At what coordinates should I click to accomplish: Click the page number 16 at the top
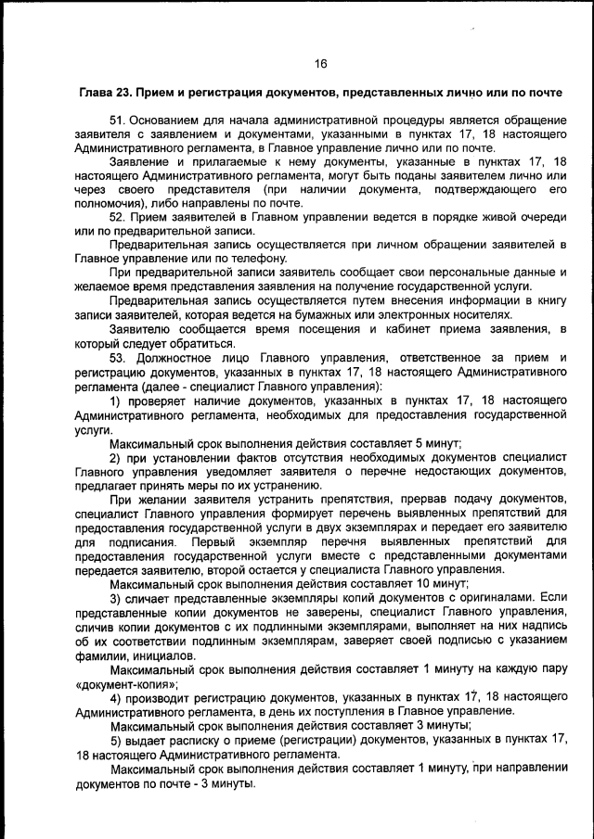[x=320, y=64]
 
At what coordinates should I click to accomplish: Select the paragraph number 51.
[x=117, y=121]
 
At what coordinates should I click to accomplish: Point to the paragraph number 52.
[x=117, y=217]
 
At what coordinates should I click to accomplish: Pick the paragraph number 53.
[x=117, y=357]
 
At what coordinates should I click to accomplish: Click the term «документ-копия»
[x=124, y=682]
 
